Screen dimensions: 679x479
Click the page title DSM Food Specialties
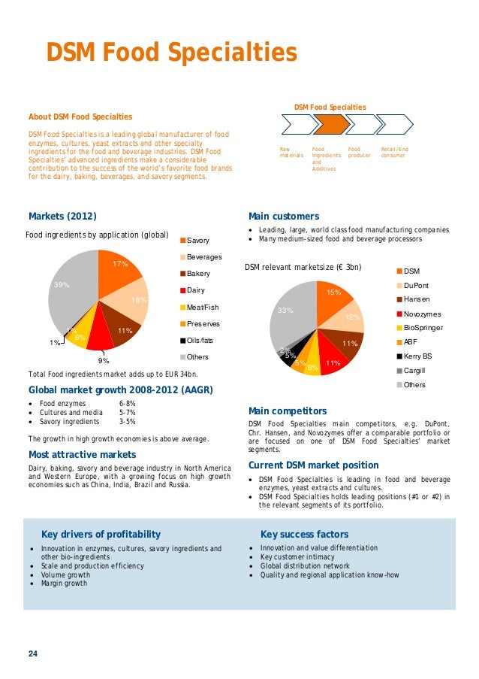172,53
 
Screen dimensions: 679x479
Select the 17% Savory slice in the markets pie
119,268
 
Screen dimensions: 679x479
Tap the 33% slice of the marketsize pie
289,312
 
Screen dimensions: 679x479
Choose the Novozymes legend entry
421,314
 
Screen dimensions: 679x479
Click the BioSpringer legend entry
423,328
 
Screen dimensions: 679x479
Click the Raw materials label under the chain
291,152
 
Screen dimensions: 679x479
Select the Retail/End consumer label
395,152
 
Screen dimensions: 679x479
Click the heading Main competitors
287,411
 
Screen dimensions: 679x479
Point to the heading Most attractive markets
82,455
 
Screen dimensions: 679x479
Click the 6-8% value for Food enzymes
127,404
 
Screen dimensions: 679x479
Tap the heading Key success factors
304,535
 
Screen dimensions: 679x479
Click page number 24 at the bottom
33,653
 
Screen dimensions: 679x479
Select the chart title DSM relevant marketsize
303,267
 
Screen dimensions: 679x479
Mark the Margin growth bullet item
64,584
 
